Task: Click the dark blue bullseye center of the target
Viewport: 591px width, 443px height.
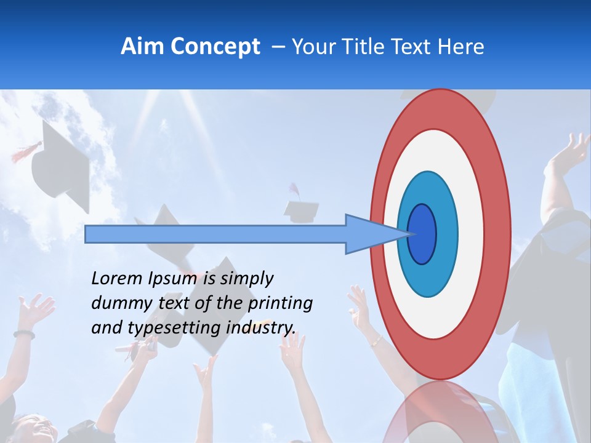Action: tap(422, 234)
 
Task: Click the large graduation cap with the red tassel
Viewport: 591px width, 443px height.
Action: tap(62, 163)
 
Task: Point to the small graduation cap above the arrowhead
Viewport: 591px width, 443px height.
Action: tap(302, 209)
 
